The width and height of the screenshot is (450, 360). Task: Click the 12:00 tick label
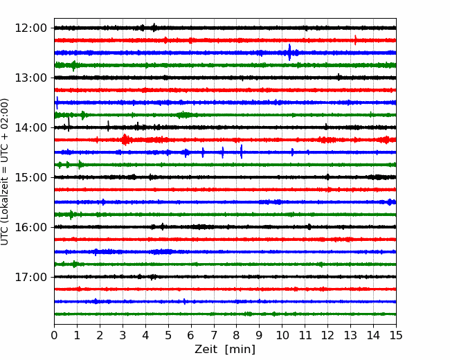[x=30, y=28]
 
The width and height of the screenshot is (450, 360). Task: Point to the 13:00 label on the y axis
[x=30, y=78]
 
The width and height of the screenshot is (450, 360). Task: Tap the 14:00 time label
[x=30, y=127]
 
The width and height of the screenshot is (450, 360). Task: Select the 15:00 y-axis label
[x=30, y=177]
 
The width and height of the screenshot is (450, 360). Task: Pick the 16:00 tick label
[x=30, y=227]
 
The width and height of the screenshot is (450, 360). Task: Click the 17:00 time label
[x=30, y=277]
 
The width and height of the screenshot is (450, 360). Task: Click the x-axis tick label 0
[x=54, y=335]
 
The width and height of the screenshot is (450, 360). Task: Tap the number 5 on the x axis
[x=168, y=335]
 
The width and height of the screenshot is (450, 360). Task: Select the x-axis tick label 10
[x=282, y=335]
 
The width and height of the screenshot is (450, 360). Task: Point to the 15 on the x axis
[x=396, y=335]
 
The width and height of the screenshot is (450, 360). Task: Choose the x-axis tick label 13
[x=350, y=335]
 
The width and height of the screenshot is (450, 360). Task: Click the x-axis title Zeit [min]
[x=225, y=349]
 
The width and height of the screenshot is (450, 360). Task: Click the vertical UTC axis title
[x=4, y=172]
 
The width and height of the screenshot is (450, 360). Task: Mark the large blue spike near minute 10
[x=289, y=52]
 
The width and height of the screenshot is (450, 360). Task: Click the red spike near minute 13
[x=356, y=40]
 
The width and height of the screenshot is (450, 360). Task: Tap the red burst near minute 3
[x=125, y=140]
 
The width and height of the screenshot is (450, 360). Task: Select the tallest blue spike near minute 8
[x=242, y=152]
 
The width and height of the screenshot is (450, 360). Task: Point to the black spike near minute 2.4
[x=108, y=126]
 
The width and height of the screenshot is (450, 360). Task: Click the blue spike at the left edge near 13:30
[x=57, y=102]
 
